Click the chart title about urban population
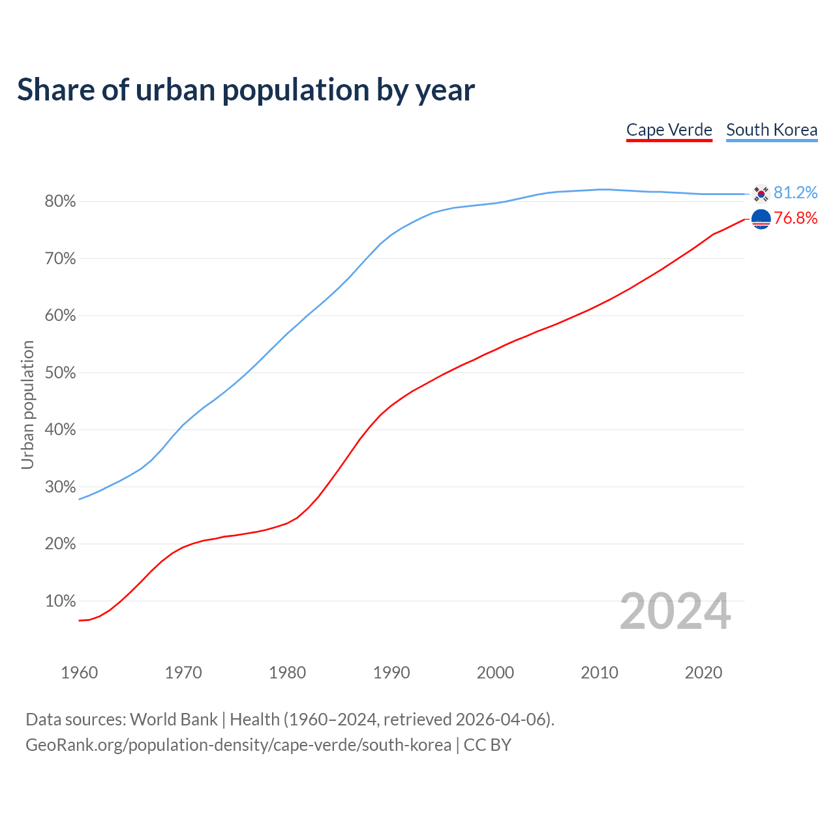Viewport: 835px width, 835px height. (246, 90)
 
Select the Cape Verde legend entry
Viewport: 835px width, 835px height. (669, 130)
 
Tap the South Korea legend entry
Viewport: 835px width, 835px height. (772, 130)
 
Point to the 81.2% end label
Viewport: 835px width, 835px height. (795, 192)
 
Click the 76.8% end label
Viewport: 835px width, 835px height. (795, 218)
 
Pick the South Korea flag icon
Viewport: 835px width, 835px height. (761, 193)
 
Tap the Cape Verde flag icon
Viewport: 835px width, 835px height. (761, 219)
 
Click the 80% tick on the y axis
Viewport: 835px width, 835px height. (60, 202)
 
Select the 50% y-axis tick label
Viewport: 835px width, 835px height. (60, 373)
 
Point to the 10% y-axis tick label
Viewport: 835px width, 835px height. (60, 601)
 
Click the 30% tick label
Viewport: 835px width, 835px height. (60, 487)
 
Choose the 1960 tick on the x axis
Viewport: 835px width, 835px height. (79, 673)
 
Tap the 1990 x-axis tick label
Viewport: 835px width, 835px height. (391, 673)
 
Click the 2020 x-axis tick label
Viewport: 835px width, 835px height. (703, 673)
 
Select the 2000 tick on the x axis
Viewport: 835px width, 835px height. (495, 673)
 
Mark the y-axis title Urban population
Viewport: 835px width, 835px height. (27, 404)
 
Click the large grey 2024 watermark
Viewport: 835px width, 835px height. (675, 611)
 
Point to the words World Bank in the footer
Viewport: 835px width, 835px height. (174, 720)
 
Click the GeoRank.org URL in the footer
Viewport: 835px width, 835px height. (238, 745)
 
